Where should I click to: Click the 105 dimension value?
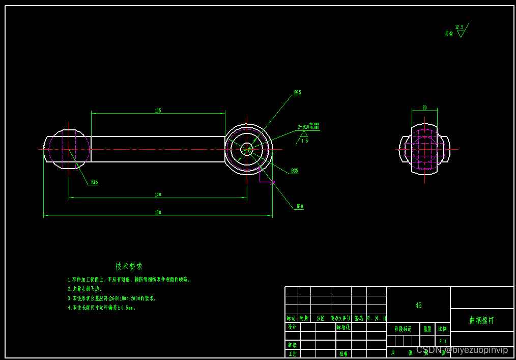point(158,110)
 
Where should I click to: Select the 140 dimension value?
point(158,195)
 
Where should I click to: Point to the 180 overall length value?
point(158,212)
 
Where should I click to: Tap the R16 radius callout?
point(95,182)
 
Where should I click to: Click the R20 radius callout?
point(300,206)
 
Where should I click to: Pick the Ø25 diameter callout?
point(298,93)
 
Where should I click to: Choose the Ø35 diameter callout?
point(295,171)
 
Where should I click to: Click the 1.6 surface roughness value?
point(304,141)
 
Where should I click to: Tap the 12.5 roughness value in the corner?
point(460,27)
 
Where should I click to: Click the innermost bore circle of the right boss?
point(247,149)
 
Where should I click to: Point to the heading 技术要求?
point(129,266)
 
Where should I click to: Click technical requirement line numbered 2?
point(85,289)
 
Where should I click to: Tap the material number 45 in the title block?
point(418,306)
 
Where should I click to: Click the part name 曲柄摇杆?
point(481,320)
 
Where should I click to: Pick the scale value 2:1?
point(443,341)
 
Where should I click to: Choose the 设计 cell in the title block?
point(292,327)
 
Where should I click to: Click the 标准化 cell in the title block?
point(343,327)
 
